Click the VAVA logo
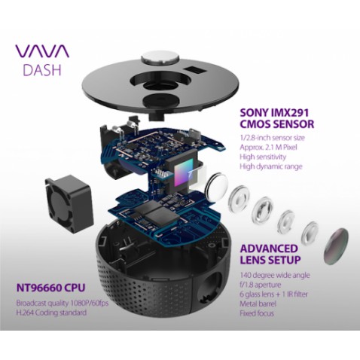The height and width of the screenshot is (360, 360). pos(42,51)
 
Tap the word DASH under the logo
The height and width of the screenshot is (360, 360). pos(42,70)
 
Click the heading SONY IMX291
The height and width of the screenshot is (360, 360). pos(274,113)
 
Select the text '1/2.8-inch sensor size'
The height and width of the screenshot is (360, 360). pos(272,138)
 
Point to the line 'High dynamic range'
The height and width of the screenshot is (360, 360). pos(271,166)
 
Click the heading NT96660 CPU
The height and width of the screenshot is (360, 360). pos(50,288)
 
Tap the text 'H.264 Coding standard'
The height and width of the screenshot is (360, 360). pos(51,313)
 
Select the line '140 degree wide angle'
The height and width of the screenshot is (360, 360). pos(275,275)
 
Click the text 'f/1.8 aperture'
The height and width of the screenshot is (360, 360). pos(261,285)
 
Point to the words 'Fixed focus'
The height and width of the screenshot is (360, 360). pos(257,313)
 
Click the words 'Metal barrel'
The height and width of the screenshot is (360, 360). pos(258,304)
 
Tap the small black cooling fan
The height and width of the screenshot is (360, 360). pos(69,203)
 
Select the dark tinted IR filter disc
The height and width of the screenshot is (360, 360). pos(336,246)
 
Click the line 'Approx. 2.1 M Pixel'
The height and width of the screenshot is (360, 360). pos(268,147)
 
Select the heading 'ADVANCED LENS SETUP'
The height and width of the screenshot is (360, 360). pos(270,254)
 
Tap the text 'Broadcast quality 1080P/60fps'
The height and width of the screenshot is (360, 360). pos(63,303)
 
